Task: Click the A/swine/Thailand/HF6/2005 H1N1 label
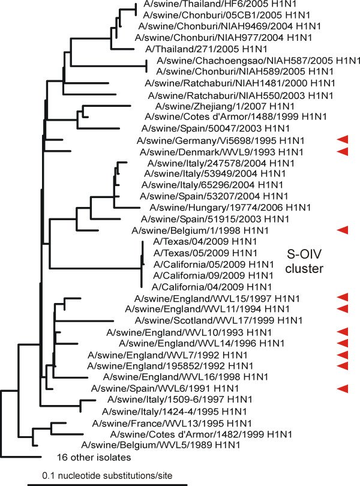(220, 4)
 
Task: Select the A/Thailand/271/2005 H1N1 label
(206, 49)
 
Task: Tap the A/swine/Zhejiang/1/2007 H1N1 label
(225, 106)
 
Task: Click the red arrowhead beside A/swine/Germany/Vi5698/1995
(343, 140)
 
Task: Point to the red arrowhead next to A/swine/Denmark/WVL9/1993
(343, 152)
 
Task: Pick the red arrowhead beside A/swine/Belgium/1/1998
(343, 230)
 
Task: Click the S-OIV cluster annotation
(304, 261)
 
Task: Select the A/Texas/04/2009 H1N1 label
(205, 241)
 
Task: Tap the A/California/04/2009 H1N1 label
(212, 287)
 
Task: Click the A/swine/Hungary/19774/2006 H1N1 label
(230, 208)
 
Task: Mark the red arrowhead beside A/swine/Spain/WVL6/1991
(343, 388)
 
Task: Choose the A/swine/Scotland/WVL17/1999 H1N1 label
(218, 320)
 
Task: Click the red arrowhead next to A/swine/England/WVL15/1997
(343, 298)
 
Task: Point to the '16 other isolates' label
(94, 457)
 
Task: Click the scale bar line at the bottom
(107, 484)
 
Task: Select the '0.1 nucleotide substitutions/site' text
(107, 475)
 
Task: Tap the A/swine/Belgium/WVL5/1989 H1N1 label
(161, 445)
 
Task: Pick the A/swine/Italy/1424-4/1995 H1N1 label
(174, 412)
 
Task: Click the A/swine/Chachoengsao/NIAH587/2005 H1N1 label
(258, 60)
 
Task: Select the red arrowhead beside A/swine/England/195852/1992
(343, 366)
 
